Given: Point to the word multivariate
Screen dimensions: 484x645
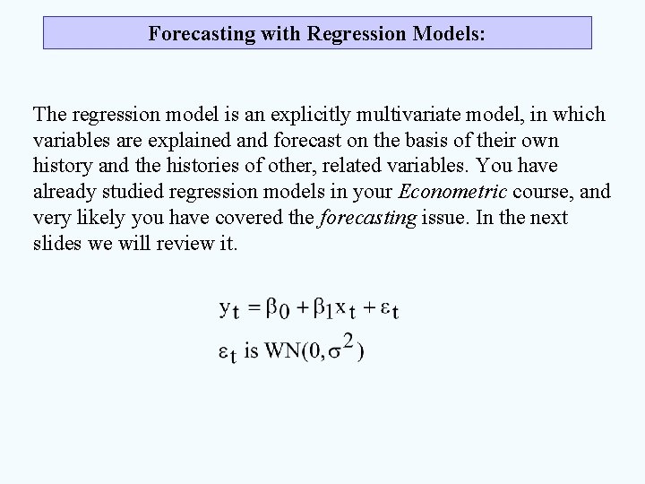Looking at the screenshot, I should coord(404,115).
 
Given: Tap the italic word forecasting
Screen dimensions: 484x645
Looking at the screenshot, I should coord(366,219).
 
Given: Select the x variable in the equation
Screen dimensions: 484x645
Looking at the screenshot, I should coord(340,307).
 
